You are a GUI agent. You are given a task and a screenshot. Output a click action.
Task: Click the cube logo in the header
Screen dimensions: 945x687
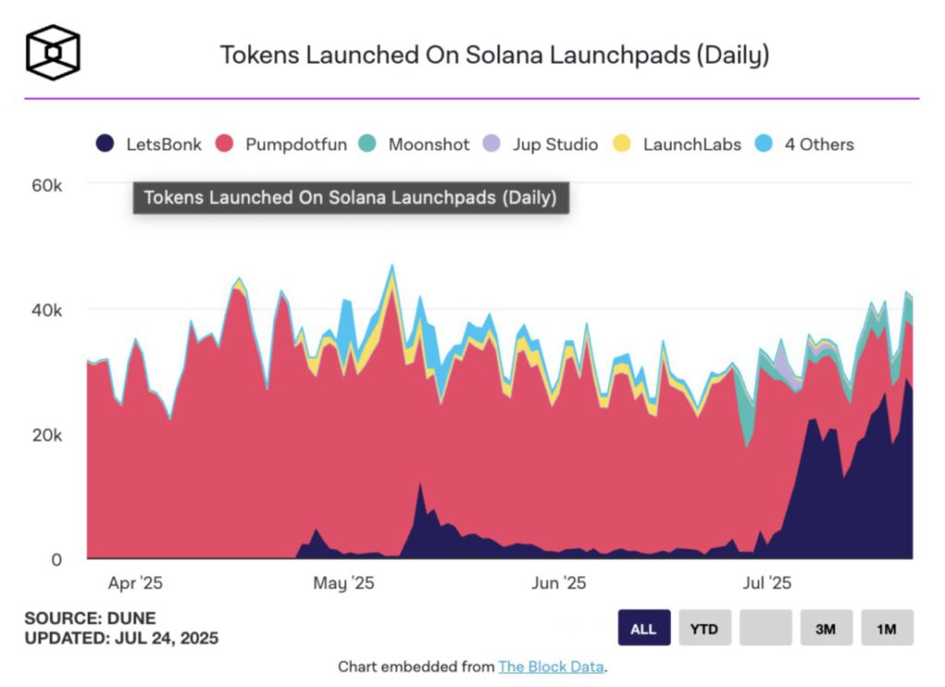(x=53, y=53)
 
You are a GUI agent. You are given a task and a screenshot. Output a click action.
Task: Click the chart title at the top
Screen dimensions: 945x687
(x=495, y=54)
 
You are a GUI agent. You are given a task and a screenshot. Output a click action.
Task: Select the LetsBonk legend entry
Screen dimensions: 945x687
(x=149, y=144)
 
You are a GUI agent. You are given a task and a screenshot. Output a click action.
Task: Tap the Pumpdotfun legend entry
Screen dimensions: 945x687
(x=281, y=144)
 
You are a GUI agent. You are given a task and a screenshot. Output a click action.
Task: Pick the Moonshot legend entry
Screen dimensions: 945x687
(x=413, y=144)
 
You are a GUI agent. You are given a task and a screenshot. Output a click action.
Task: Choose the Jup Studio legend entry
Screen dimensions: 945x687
(x=541, y=144)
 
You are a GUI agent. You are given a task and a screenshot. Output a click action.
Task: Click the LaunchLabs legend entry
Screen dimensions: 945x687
(x=676, y=144)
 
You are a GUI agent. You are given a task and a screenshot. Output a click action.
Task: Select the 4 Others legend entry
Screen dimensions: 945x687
(x=804, y=144)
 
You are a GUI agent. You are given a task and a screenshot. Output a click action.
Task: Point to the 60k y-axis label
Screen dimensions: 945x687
(x=46, y=185)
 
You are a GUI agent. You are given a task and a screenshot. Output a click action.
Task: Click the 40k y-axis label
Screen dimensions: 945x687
(x=46, y=310)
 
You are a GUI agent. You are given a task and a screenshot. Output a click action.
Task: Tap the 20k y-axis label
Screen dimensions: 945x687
(x=46, y=434)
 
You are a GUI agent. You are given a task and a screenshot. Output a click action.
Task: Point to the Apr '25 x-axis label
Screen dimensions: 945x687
(x=135, y=583)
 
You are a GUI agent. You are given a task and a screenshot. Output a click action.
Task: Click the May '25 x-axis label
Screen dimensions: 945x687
(x=343, y=583)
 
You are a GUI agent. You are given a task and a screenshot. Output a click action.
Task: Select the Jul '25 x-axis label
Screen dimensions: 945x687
(x=767, y=583)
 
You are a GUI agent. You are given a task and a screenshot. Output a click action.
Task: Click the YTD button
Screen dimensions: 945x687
(x=704, y=628)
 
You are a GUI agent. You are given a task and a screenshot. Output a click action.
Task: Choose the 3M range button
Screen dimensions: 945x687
(x=826, y=628)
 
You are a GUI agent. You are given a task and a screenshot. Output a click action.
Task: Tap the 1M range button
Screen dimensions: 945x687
(x=887, y=628)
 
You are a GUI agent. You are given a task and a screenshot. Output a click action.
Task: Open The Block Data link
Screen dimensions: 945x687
(x=551, y=667)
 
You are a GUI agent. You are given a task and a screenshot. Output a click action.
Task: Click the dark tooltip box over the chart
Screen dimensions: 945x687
(x=351, y=197)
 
